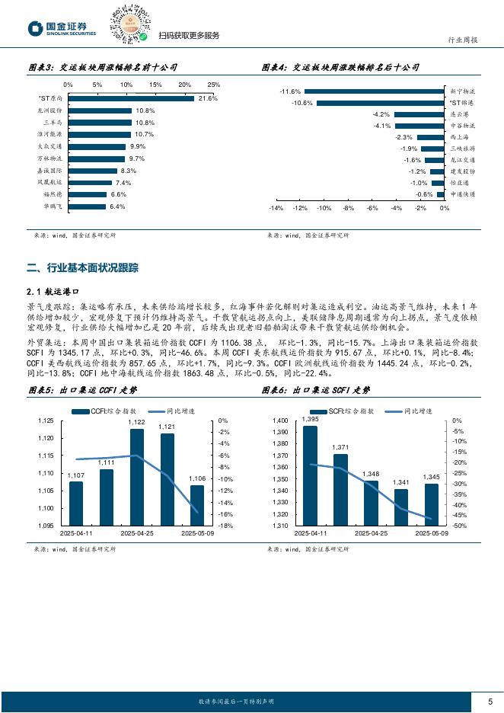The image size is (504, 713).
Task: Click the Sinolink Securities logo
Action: pyautogui.click(x=62, y=29)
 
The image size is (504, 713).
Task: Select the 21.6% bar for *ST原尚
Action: pyautogui.click(x=131, y=98)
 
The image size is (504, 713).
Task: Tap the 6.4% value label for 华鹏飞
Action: pyautogui.click(x=117, y=206)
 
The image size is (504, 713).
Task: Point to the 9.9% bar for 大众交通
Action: pyautogui.click(x=97, y=146)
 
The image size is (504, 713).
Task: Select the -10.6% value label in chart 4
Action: pyautogui.click(x=302, y=103)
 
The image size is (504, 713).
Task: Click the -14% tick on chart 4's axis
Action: pyautogui.click(x=276, y=208)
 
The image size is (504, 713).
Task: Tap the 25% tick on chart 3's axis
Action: pyautogui.click(x=213, y=85)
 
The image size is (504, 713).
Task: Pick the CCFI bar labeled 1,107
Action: pyautogui.click(x=76, y=504)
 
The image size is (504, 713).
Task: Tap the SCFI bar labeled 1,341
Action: pyautogui.click(x=401, y=507)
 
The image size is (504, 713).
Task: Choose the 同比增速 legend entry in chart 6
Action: pyautogui.click(x=411, y=411)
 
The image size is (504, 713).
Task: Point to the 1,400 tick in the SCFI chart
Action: pyautogui.click(x=280, y=420)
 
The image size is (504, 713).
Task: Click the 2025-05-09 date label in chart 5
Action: pyautogui.click(x=196, y=534)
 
